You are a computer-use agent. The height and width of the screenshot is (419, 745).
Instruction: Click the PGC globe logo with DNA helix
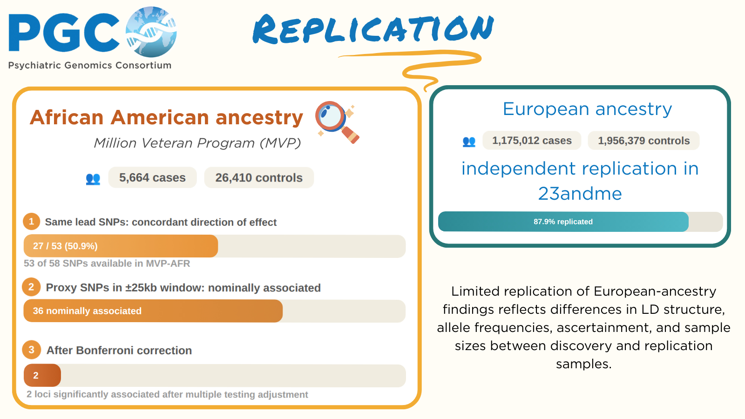151,32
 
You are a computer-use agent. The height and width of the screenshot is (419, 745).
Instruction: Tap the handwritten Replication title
373,29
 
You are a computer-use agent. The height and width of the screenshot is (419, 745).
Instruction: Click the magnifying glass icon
337,122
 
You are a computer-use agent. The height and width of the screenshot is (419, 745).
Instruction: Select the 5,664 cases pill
152,177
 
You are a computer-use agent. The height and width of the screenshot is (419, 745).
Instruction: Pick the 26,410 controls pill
259,177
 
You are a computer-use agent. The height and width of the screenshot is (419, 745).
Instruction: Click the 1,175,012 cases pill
532,140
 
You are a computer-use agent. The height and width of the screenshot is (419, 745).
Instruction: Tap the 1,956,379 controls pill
643,140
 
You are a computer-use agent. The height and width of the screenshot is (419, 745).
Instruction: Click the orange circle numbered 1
31,222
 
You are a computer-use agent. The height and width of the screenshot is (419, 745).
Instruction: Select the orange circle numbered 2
31,287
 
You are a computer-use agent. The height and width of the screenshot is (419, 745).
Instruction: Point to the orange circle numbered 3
31,350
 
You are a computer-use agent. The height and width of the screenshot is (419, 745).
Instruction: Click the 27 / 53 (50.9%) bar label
65,246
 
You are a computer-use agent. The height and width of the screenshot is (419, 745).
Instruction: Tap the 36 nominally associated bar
153,311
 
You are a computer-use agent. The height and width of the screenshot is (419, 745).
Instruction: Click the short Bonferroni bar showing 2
42,375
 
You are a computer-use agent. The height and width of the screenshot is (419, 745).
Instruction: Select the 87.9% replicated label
563,222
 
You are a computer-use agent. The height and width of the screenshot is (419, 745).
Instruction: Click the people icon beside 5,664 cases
93,179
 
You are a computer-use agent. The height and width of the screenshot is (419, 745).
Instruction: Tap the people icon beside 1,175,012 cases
469,142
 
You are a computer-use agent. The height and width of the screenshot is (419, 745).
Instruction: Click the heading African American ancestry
166,117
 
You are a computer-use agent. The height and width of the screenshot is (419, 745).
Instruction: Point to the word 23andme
580,194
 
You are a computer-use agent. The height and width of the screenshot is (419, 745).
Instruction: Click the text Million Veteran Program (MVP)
197,143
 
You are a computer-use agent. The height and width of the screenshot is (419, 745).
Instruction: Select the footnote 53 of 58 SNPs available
107,264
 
